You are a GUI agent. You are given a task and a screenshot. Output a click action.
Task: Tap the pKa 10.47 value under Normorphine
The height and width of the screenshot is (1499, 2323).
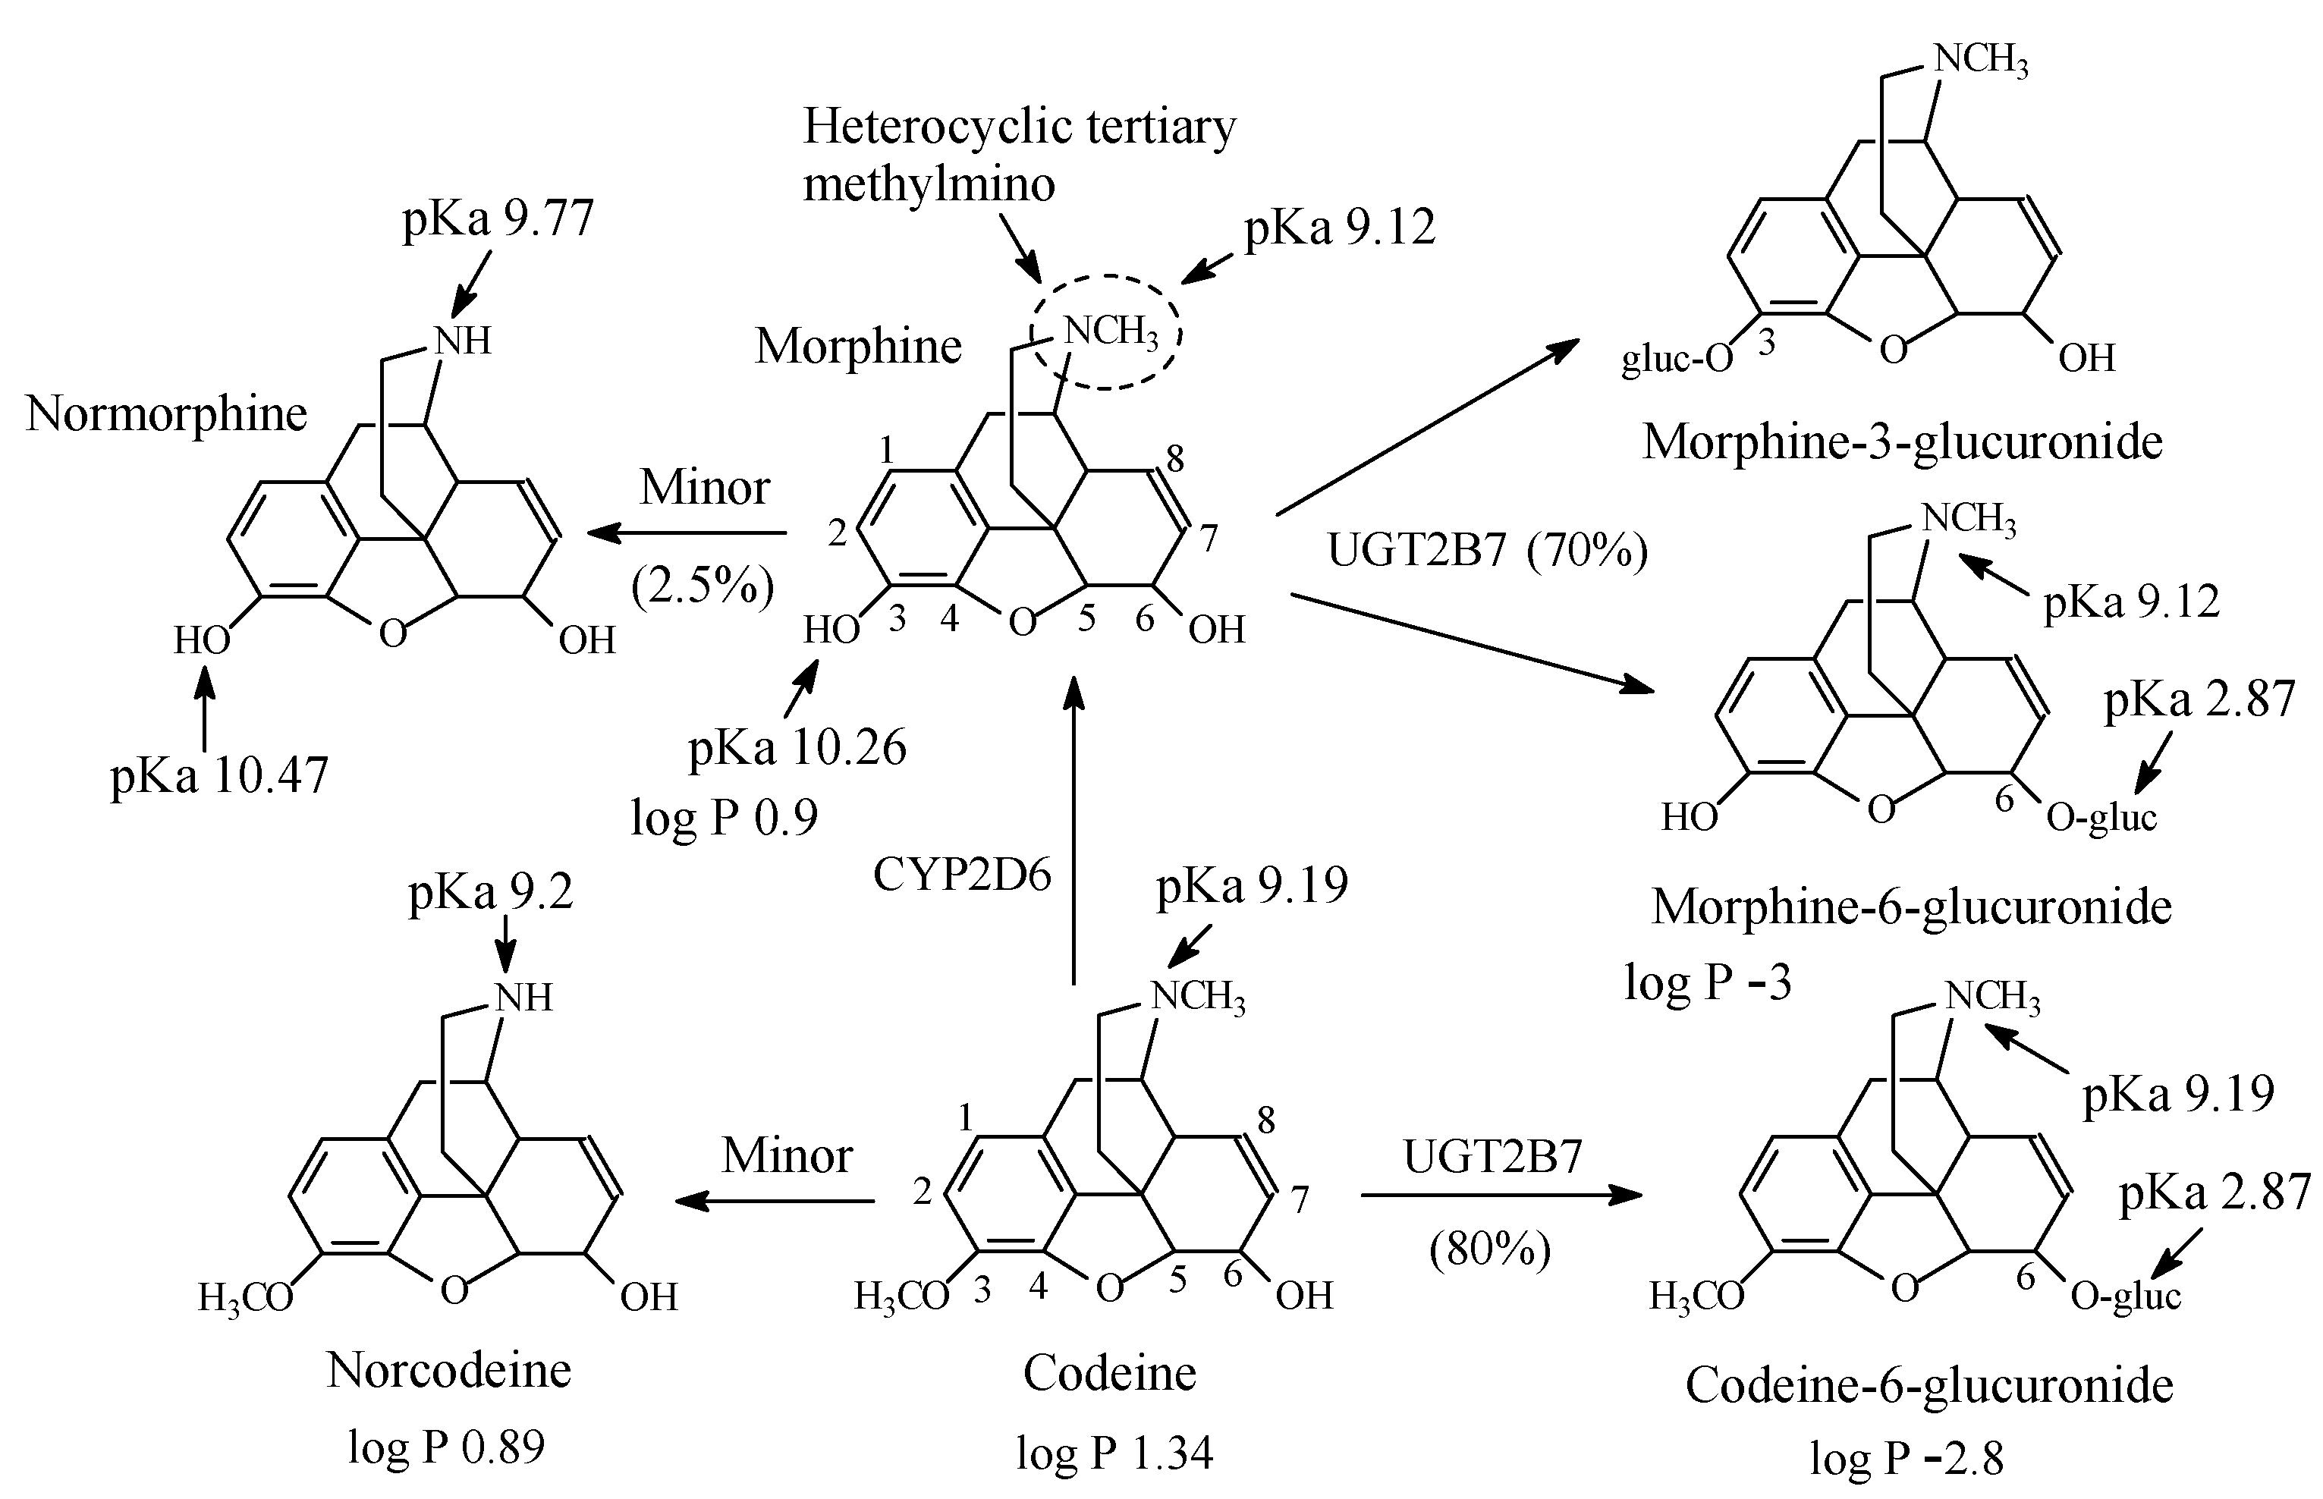pyautogui.click(x=219, y=777)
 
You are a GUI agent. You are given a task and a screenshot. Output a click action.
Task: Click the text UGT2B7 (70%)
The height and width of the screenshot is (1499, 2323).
pyautogui.click(x=1487, y=552)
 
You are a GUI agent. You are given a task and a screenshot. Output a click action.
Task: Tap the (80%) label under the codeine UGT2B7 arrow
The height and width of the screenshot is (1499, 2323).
pyautogui.click(x=1489, y=1249)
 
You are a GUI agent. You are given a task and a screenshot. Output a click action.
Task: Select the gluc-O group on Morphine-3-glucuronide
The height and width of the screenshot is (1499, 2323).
pyautogui.click(x=1677, y=360)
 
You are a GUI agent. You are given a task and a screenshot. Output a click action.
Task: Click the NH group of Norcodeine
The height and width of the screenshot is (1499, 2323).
pyautogui.click(x=523, y=998)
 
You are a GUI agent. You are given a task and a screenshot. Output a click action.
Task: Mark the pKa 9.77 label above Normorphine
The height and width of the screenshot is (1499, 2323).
pyautogui.click(x=498, y=219)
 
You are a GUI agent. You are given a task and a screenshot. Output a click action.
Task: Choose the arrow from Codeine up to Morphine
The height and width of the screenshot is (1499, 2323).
pyautogui.click(x=1073, y=828)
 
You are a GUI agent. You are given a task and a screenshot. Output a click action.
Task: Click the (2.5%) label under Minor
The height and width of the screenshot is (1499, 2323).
pyautogui.click(x=702, y=586)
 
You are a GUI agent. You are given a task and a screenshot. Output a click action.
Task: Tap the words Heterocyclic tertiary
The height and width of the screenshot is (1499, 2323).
pyautogui.click(x=1018, y=127)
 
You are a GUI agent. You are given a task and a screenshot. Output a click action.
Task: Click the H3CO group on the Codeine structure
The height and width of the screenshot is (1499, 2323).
pyautogui.click(x=901, y=1296)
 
